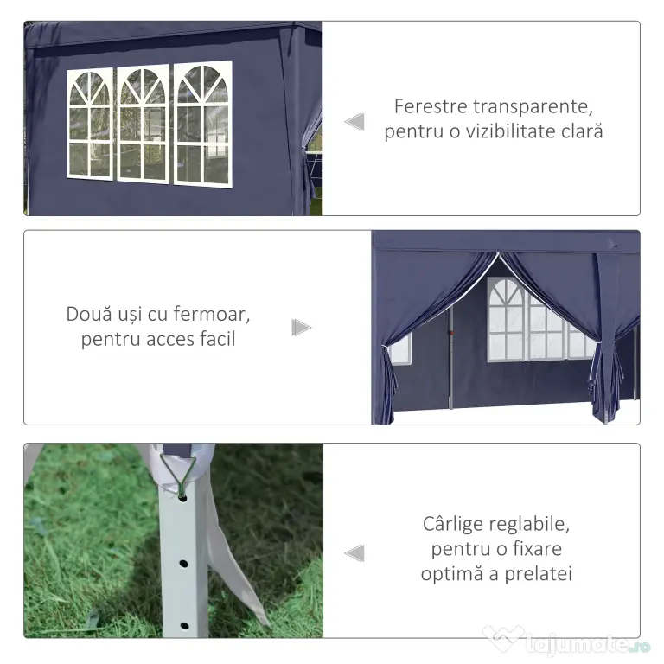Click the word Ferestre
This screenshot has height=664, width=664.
(x=431, y=106)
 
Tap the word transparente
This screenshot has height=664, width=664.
(x=533, y=107)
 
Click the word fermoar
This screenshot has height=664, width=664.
(x=212, y=314)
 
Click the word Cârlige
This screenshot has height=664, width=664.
(x=453, y=524)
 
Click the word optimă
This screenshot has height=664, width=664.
(x=452, y=575)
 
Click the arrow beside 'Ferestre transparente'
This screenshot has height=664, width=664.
(x=354, y=122)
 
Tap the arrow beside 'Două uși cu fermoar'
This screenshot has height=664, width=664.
(x=302, y=328)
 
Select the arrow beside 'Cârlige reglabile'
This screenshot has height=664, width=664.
(x=354, y=553)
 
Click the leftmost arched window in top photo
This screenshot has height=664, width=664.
(x=90, y=124)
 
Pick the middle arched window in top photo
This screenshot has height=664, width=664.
(x=143, y=124)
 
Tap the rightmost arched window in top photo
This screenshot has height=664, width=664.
(x=203, y=124)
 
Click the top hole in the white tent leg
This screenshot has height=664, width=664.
(x=183, y=498)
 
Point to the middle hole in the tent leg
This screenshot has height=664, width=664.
(x=183, y=564)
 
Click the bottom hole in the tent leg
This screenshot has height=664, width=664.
(x=185, y=625)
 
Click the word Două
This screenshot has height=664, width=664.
(x=89, y=314)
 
